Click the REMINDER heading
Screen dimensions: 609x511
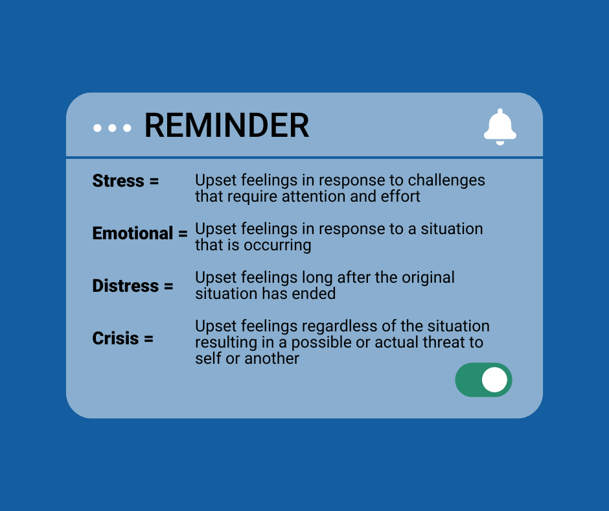[x=227, y=125]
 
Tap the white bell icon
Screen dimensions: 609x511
[x=500, y=127]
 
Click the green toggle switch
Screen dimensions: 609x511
[x=483, y=379]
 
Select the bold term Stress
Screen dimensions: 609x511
[x=118, y=181]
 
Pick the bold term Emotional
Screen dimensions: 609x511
[x=132, y=233]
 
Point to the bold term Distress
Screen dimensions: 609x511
[x=126, y=286]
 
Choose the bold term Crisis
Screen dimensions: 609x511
[x=115, y=339]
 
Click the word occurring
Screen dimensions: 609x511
[x=277, y=246]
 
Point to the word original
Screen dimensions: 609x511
[x=428, y=278]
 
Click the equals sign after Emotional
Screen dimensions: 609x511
[x=183, y=234]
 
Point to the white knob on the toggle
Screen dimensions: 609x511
[x=494, y=379]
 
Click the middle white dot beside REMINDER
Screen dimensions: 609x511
[x=112, y=128]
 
